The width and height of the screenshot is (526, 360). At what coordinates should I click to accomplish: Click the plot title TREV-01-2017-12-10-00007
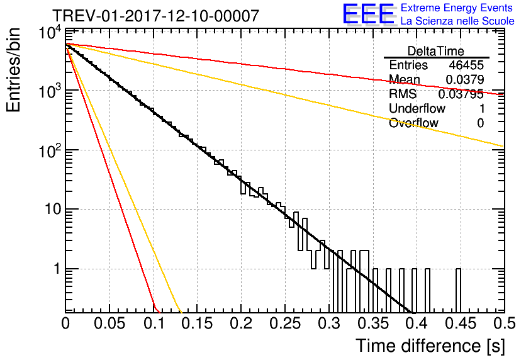[x=155, y=16]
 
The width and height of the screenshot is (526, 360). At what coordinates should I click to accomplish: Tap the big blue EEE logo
[x=368, y=16]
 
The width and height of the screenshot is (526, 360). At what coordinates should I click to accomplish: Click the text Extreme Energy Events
[x=457, y=8]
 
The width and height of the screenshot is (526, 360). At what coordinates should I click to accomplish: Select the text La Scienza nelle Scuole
[x=457, y=21]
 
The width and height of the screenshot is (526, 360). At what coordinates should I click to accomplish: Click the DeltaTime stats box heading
[x=436, y=51]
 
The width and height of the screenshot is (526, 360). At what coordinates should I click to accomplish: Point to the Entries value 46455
[x=466, y=65]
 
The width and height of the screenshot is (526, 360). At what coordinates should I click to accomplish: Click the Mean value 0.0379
[x=464, y=80]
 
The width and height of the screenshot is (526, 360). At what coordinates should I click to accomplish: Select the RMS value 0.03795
[x=462, y=94]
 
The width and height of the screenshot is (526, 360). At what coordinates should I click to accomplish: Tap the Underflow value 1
[x=481, y=109]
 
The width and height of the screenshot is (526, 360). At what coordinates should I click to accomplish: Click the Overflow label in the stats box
[x=413, y=123]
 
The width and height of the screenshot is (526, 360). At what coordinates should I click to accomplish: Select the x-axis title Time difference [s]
[x=429, y=346]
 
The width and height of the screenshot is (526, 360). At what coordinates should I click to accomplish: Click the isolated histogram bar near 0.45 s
[x=458, y=290]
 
